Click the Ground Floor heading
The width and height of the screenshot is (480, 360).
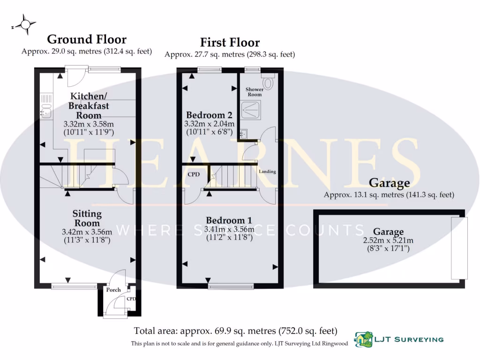(87, 39)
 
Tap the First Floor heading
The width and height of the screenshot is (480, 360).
(230, 42)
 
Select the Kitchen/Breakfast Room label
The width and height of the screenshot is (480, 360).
(89, 105)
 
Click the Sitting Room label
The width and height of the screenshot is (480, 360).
(87, 218)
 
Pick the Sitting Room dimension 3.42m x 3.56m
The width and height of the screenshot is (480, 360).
(87, 232)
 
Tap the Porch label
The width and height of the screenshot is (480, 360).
(113, 290)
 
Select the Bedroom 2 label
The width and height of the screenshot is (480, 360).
(210, 115)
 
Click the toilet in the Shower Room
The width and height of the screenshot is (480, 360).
(268, 82)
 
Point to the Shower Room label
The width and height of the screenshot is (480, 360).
(255, 91)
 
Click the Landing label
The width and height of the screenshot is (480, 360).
(268, 172)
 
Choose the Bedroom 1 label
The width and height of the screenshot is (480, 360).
(229, 220)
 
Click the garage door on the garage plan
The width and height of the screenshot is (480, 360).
(456, 247)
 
